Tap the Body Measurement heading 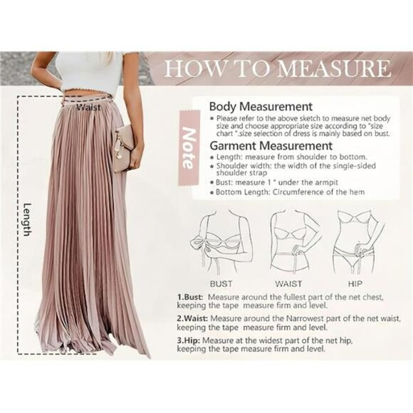pyautogui.click(x=261, y=106)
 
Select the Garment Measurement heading pyautogui.click(x=270, y=146)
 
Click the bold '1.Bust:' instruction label pyautogui.click(x=191, y=296)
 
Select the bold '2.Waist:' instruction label pyautogui.click(x=193, y=318)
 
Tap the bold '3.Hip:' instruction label pyautogui.click(x=189, y=340)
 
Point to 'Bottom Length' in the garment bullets pyautogui.click(x=241, y=192)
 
